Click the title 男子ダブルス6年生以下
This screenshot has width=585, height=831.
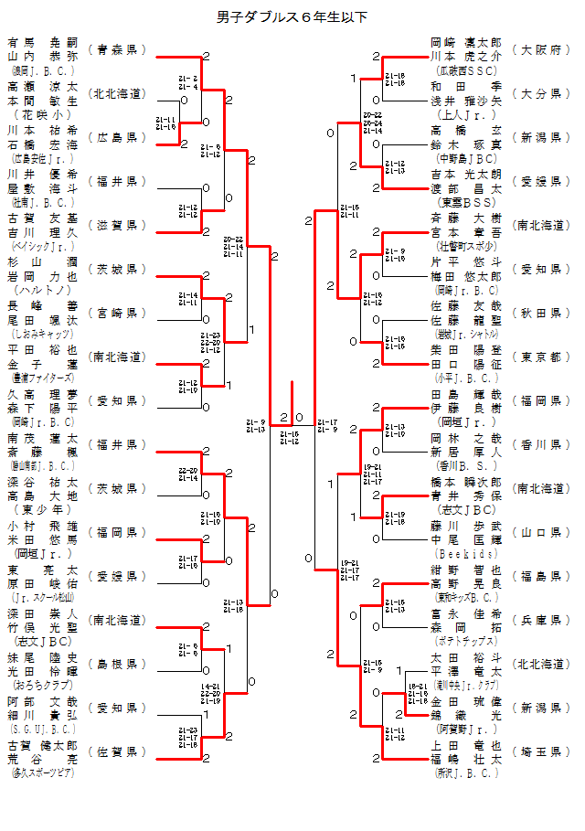292,17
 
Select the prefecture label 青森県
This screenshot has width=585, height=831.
117,49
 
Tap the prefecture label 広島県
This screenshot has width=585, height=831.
117,137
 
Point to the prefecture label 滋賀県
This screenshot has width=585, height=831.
117,225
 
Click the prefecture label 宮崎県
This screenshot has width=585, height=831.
117,313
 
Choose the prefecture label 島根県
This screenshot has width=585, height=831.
117,664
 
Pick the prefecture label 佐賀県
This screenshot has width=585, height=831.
117,751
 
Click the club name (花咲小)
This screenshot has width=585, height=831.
42,115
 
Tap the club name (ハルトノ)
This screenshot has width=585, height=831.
42,290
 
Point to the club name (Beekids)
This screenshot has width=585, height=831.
466,554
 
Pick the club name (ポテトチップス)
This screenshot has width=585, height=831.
466,642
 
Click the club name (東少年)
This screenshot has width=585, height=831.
42,509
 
